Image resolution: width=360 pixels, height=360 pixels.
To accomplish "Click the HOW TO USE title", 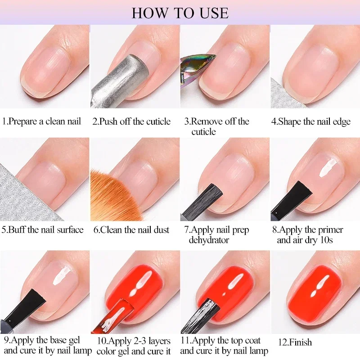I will pos(180,12).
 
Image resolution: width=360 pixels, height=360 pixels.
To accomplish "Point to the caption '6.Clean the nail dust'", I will pos(131,230).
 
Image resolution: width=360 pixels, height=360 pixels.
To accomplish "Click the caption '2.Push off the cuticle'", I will pos(131,121).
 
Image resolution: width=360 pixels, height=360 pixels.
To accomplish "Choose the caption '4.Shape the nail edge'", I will pos(310,121).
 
